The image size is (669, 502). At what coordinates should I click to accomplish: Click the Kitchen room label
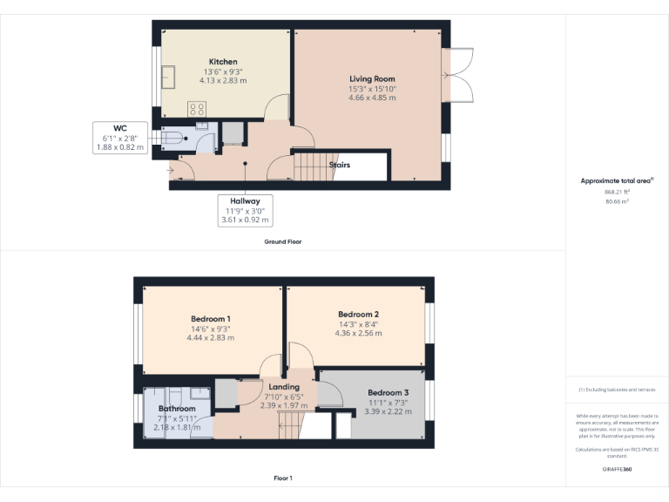222,62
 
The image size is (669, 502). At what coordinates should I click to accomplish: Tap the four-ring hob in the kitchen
198,109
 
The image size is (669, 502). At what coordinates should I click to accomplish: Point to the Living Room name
372,79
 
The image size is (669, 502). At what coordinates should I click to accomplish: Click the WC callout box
119,138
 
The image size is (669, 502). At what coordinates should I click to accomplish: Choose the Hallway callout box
246,211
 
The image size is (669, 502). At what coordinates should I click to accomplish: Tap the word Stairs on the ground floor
340,164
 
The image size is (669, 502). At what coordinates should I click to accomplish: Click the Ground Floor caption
283,241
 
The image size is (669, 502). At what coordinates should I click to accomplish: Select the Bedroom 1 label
211,319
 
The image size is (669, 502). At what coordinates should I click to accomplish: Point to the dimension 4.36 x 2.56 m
359,333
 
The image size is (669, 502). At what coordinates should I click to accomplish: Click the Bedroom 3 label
389,392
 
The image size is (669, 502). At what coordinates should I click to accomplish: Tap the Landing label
284,387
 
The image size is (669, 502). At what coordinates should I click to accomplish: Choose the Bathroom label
177,408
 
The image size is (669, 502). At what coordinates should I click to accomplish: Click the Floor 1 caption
283,478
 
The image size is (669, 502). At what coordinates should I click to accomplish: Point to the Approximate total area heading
617,180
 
